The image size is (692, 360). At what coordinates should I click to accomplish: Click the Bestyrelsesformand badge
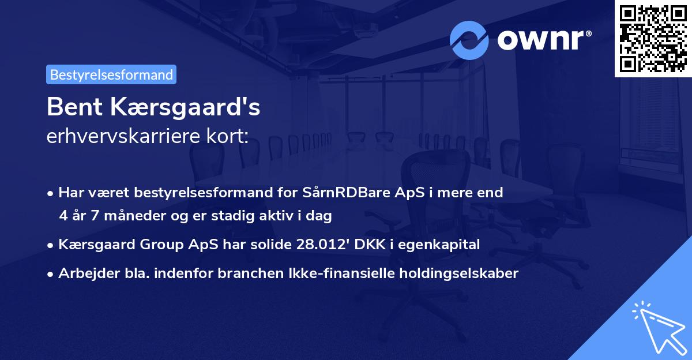(x=111, y=74)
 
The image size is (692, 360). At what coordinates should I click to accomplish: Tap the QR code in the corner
(x=653, y=38)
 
